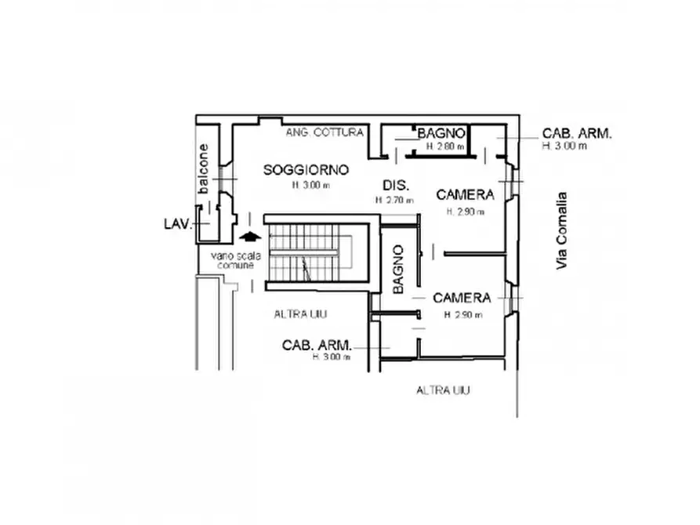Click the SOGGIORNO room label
(306, 169)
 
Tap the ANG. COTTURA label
(325, 132)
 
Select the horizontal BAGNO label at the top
(443, 133)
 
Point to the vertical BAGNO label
(398, 270)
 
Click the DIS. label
(394, 186)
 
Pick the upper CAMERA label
(465, 194)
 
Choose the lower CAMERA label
(462, 298)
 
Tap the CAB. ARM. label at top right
(577, 133)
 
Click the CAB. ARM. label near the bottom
(317, 345)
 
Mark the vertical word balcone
(204, 168)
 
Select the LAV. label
(177, 224)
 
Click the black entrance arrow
(248, 236)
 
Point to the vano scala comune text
(232, 260)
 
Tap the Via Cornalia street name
(561, 231)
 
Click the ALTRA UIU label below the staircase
(300, 314)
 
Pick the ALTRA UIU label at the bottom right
(443, 390)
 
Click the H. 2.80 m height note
(444, 147)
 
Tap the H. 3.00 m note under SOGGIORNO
(311, 186)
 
